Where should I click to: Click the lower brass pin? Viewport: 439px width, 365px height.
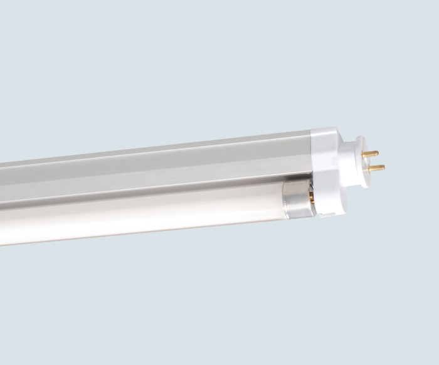[376, 167]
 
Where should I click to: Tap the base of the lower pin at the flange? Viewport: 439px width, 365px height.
[369, 168]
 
